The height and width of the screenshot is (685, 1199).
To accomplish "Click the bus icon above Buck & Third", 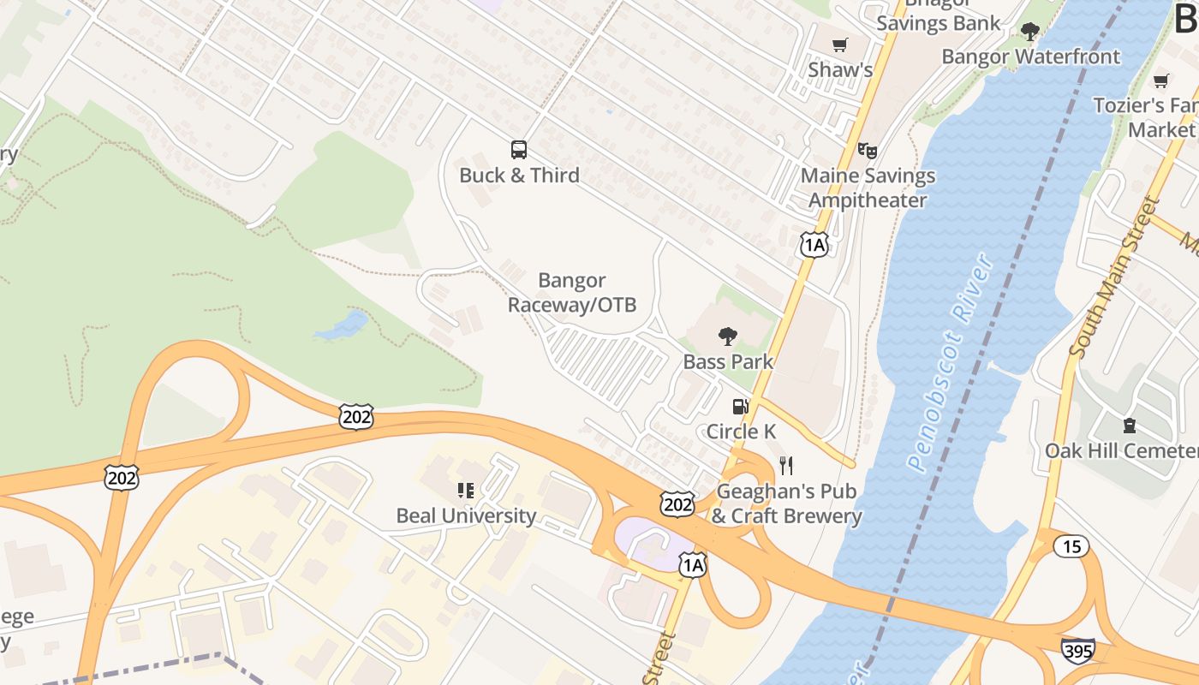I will pos(519,150).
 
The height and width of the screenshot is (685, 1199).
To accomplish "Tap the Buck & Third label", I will pos(519,176).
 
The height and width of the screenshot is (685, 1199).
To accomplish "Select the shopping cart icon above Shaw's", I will pos(840,45).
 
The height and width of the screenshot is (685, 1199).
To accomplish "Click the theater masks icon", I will pos(868,151).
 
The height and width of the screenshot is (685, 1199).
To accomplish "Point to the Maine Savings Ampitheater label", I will pos(868,188).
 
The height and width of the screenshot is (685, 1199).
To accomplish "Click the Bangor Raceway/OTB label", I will pos(572,292).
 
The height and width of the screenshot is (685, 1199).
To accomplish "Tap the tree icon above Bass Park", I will pos(728,336).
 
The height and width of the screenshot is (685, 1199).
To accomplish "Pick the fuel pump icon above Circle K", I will pos(740,406).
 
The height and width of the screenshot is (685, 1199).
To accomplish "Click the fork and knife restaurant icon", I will pos(786,466).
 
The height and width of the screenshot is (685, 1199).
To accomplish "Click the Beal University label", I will pos(466,516).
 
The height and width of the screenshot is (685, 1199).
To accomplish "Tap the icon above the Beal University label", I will pos(466,491).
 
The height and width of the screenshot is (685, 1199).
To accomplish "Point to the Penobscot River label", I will pos(951,364).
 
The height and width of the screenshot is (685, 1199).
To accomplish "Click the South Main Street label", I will pos(1114,278).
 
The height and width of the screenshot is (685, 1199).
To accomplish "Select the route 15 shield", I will pos(1072,546).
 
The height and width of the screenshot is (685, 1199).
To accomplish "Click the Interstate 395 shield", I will pos(1077,650).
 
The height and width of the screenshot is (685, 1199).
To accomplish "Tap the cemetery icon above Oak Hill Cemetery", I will pos(1129,425).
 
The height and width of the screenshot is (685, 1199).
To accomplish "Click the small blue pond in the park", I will pos(342,326).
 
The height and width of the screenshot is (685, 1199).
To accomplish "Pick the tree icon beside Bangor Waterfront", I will pos(1029,33).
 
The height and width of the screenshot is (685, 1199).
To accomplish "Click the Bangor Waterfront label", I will pos(1030,57).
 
